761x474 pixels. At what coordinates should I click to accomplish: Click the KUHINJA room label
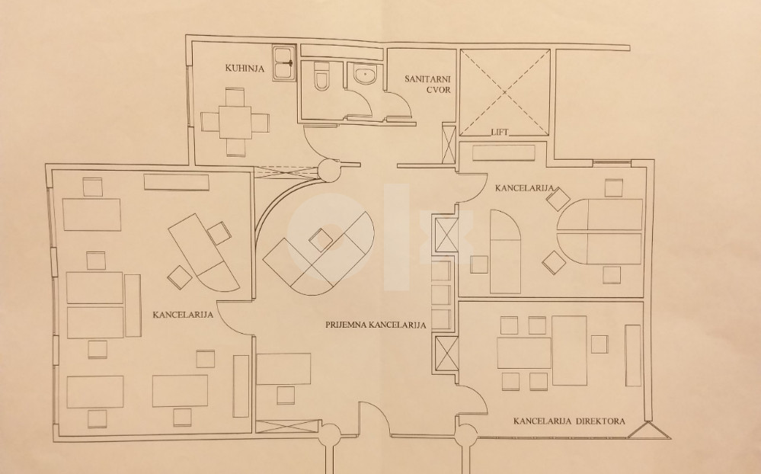click(x=245, y=68)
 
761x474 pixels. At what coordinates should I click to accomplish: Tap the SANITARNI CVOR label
click(x=428, y=84)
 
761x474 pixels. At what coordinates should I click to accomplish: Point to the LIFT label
click(x=500, y=132)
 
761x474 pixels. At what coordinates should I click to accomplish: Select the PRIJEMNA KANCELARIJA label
click(x=376, y=325)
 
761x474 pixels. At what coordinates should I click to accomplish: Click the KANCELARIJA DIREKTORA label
click(x=569, y=421)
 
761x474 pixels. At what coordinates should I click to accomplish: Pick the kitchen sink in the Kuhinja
click(x=284, y=62)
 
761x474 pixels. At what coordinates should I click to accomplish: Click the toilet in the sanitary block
click(x=321, y=77)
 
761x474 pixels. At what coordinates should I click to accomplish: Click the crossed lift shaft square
click(x=504, y=92)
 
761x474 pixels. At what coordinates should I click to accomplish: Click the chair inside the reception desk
click(x=321, y=239)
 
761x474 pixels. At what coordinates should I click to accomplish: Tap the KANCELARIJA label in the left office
click(x=183, y=315)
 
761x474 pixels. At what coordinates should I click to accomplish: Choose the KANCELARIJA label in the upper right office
click(x=525, y=188)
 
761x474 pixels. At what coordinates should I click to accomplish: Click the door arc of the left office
click(x=233, y=318)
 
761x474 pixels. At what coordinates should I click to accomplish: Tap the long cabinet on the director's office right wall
click(x=632, y=355)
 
